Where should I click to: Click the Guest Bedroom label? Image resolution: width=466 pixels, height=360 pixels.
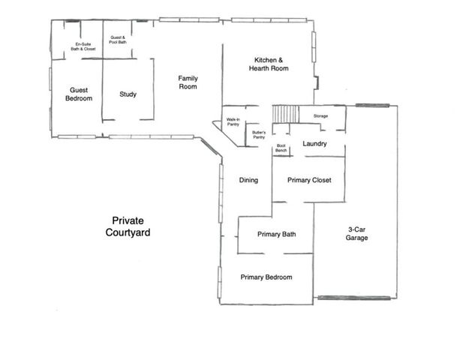click(x=79, y=94)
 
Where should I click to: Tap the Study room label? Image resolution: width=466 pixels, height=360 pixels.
click(x=128, y=94)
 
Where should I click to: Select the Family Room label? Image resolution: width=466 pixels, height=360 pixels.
click(x=188, y=82)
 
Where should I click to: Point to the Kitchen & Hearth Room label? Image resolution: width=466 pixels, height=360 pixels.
click(x=269, y=64)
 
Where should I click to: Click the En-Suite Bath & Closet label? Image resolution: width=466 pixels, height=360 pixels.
click(x=83, y=46)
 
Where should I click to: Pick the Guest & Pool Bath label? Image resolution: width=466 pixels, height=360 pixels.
click(x=118, y=39)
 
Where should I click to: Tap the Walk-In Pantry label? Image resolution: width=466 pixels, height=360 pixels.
click(x=233, y=121)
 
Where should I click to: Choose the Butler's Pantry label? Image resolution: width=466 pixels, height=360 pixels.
click(x=259, y=135)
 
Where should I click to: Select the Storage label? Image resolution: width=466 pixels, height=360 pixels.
click(x=320, y=116)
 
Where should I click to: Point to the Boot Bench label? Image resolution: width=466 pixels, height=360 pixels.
click(x=281, y=148)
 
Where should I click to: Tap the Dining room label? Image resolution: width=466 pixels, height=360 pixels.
click(x=248, y=180)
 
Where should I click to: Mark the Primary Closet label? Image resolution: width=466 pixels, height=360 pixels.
click(x=309, y=180)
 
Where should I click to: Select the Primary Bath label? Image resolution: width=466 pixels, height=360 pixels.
click(x=276, y=234)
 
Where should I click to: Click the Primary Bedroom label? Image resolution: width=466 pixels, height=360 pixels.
click(x=266, y=277)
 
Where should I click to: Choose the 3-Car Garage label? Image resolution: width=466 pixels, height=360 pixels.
click(x=356, y=233)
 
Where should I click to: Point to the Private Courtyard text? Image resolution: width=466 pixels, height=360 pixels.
click(x=128, y=226)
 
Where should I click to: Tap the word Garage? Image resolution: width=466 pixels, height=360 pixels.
click(x=356, y=238)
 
